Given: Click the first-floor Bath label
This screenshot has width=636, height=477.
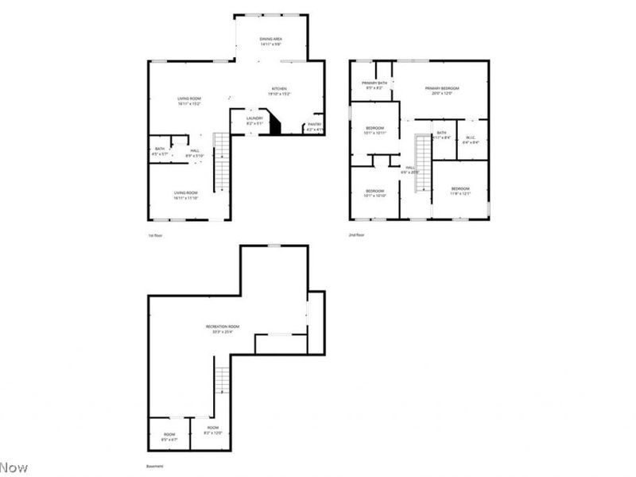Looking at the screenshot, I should (160, 151).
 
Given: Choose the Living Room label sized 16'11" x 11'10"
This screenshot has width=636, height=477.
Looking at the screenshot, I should (186, 195).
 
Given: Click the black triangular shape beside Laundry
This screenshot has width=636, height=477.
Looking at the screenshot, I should (276, 124).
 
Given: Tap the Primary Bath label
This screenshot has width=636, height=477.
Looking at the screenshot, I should (374, 85).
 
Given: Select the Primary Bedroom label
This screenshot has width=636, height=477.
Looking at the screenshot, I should (442, 91).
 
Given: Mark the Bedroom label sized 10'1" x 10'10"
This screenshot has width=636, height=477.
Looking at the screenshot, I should (375, 193).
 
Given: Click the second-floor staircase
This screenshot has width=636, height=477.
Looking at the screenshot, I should (424, 163).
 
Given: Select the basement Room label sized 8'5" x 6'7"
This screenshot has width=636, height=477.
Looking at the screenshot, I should (169, 436).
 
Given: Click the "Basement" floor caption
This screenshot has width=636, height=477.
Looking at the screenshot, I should (154, 467).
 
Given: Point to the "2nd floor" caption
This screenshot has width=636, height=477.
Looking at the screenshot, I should (356, 235).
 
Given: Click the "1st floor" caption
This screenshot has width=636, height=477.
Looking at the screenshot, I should (155, 235).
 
